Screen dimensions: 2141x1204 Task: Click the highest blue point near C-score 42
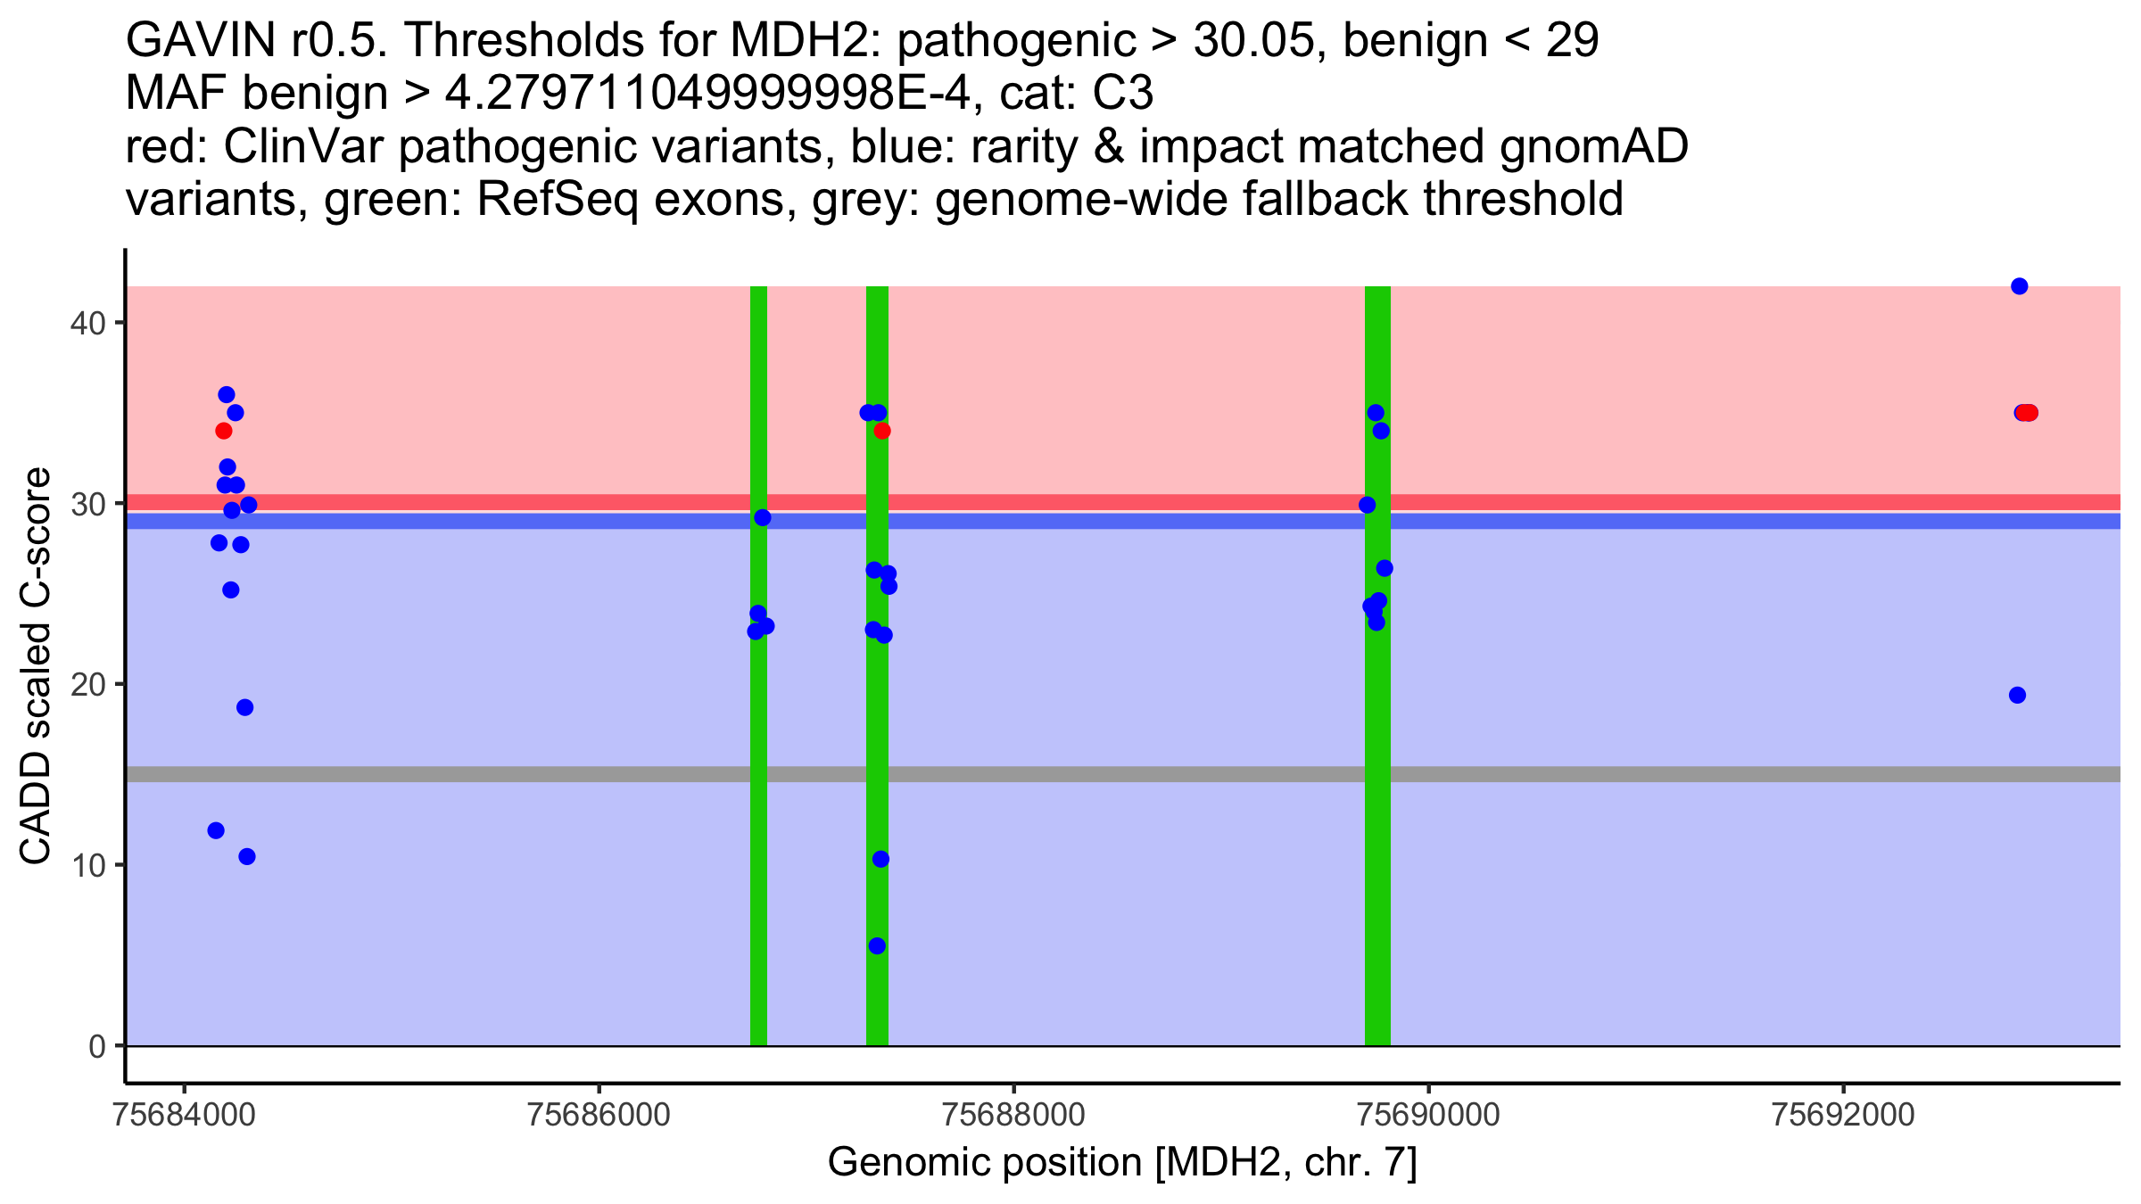coord(2019,286)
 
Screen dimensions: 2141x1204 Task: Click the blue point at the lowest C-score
coord(877,945)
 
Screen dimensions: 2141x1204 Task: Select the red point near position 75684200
coord(224,431)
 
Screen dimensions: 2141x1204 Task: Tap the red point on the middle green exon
coord(882,431)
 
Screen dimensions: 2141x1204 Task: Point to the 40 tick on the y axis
coord(120,322)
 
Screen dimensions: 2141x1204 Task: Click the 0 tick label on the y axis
coord(96,1046)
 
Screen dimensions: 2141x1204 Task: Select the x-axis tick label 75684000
coord(185,1115)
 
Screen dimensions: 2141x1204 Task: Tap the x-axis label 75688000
coord(1013,1115)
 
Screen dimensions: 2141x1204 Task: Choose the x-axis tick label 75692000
coord(1843,1115)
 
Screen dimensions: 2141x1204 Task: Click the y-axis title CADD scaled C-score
coord(36,666)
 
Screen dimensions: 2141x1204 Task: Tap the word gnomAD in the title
coord(1594,146)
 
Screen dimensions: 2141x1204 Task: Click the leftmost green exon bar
coord(758,666)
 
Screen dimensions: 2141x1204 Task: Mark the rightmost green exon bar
coord(1377,666)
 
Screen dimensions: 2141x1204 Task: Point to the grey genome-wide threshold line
coord(1123,774)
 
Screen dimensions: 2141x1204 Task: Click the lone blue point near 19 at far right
coord(2017,695)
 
